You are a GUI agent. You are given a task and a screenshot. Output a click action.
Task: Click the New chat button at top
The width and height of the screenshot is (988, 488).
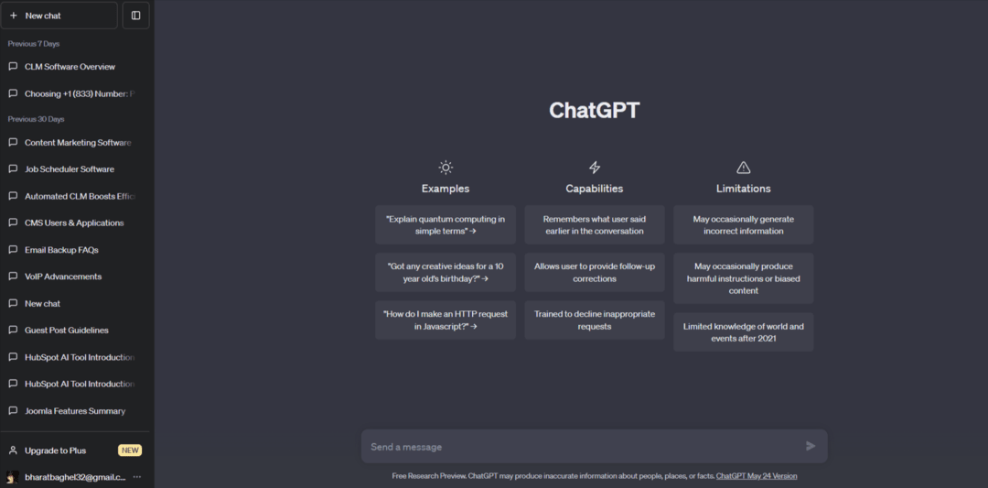point(59,16)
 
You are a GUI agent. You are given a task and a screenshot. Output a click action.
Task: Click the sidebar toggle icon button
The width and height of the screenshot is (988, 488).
point(135,16)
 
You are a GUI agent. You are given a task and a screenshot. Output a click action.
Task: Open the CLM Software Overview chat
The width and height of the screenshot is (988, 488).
point(70,67)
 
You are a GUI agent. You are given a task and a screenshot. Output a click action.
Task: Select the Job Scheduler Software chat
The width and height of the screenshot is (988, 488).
point(70,169)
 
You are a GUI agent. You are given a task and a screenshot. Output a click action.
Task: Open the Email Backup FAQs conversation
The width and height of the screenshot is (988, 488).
point(61,250)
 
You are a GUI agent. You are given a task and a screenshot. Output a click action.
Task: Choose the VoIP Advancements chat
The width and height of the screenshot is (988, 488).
point(63,277)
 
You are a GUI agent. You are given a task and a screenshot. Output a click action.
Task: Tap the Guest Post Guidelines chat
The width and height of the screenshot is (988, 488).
point(67,331)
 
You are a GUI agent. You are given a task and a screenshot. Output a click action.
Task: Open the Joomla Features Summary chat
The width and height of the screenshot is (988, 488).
point(75,411)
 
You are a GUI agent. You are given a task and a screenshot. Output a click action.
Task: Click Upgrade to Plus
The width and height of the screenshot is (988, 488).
point(55,450)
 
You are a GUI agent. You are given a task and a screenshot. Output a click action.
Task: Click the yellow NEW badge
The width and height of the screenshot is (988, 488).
point(130,450)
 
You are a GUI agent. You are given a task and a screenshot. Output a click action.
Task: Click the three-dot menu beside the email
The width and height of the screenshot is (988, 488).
point(137,477)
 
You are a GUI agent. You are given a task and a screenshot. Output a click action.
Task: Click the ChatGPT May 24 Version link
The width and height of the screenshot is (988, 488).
point(756,476)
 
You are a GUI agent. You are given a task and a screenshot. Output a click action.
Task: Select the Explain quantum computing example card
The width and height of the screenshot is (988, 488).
point(446,225)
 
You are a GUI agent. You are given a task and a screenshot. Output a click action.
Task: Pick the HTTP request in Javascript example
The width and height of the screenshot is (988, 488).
point(446,320)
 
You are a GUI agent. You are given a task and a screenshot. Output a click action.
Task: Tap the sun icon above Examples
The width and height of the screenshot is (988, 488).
point(446,168)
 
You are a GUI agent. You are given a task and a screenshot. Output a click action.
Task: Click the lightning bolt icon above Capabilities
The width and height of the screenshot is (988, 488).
point(595,168)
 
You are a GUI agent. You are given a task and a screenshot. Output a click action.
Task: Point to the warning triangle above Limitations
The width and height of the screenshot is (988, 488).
point(744,168)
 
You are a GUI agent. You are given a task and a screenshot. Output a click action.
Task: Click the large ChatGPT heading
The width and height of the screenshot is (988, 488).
point(595,111)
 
